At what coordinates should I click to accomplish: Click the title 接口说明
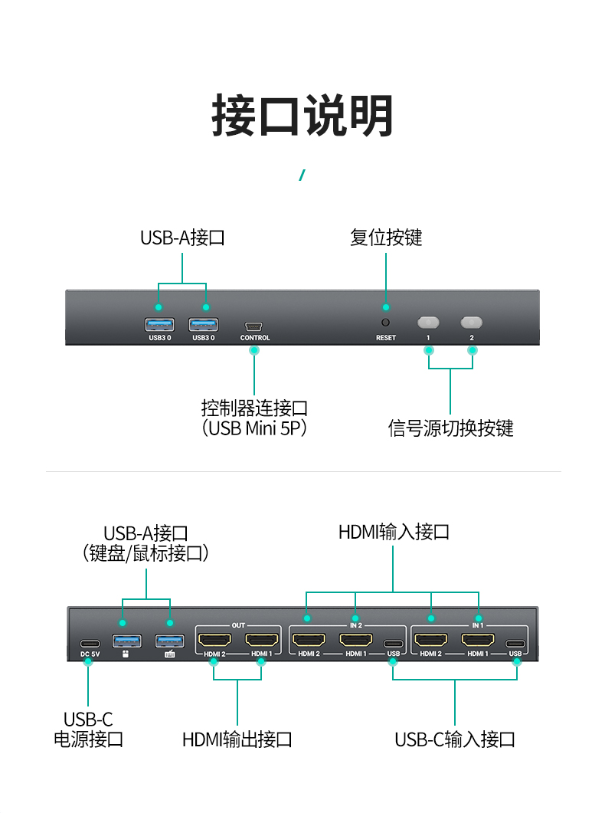pyautogui.click(x=302, y=115)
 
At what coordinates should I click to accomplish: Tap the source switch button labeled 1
pyautogui.click(x=428, y=323)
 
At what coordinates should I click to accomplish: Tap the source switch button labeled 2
pyautogui.click(x=471, y=323)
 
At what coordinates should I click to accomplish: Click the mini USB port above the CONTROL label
pyautogui.click(x=253, y=326)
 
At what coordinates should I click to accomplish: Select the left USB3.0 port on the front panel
pyautogui.click(x=159, y=325)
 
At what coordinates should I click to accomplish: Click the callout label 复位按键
pyautogui.click(x=386, y=238)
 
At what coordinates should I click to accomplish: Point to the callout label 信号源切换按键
pyautogui.click(x=450, y=428)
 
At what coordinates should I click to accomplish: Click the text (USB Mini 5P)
pyautogui.click(x=254, y=428)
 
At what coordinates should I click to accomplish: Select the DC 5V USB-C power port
pyautogui.click(x=90, y=644)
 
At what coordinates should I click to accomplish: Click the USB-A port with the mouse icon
pyautogui.click(x=127, y=641)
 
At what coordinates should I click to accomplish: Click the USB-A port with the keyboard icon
pyautogui.click(x=170, y=641)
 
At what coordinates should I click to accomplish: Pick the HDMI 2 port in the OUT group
pyautogui.click(x=214, y=640)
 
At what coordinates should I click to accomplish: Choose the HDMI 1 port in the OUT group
pyautogui.click(x=262, y=640)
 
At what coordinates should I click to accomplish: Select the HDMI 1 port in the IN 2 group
pyautogui.click(x=356, y=640)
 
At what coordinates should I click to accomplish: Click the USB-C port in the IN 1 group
pyautogui.click(x=515, y=644)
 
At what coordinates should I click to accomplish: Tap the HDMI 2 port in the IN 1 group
pyautogui.click(x=431, y=640)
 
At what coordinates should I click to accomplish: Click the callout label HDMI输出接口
pyautogui.click(x=237, y=739)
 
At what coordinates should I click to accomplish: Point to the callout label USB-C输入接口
pyautogui.click(x=455, y=739)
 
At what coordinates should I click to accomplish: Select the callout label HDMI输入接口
pyautogui.click(x=394, y=532)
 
